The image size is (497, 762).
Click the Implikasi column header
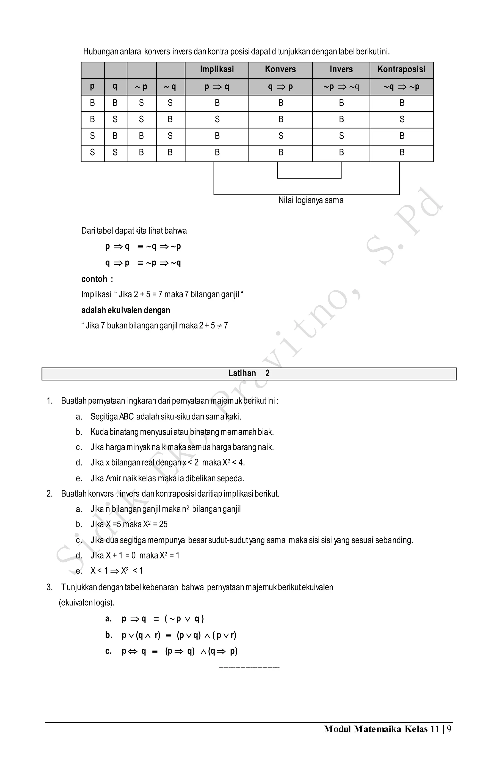pyautogui.click(x=217, y=69)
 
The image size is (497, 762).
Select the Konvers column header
pyautogui.click(x=280, y=69)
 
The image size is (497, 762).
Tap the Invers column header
pyautogui.click(x=341, y=69)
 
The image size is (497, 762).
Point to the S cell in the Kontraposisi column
pyautogui.click(x=402, y=119)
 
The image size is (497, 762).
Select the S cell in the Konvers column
pyautogui.click(x=281, y=136)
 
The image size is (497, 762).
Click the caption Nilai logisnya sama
pyautogui.click(x=311, y=200)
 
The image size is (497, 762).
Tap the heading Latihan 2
pyautogui.click(x=249, y=373)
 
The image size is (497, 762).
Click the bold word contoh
pyautogui.click(x=94, y=279)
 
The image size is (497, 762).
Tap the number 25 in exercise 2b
pyautogui.click(x=163, y=524)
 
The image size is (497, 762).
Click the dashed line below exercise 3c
pyautogui.click(x=249, y=668)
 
